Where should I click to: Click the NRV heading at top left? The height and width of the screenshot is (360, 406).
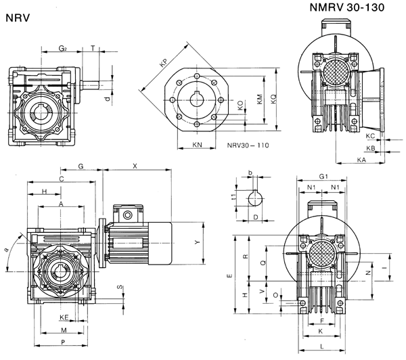point(18,20)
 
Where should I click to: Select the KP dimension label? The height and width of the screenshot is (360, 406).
point(163,64)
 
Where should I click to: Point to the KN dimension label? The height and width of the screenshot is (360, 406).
point(197,145)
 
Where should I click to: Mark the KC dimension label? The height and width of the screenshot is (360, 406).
point(370,136)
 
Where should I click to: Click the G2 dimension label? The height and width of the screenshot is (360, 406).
point(63,48)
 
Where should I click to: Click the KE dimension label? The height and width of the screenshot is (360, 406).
point(64,317)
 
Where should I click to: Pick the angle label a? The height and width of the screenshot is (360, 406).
point(7,250)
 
